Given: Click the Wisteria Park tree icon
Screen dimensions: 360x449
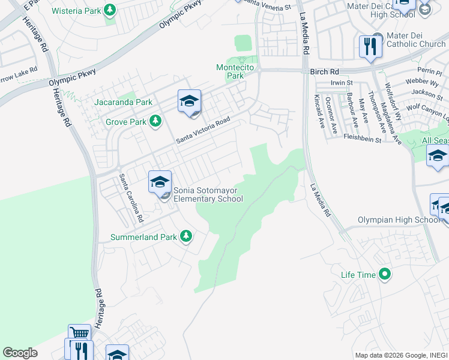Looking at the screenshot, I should (110, 10).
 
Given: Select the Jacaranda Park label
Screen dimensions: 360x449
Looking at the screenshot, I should (123, 102).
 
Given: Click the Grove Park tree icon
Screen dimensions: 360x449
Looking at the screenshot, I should (155, 122).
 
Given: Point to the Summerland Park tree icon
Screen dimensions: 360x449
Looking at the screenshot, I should (186, 236).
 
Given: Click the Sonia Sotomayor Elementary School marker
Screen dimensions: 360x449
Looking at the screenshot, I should (160, 182).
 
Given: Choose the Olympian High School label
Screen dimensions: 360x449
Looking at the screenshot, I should (399, 220).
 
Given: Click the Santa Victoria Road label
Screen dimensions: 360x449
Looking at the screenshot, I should (203, 130).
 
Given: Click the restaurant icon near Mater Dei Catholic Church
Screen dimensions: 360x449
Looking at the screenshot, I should (369, 46).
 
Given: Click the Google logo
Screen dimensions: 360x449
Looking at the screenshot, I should (20, 353).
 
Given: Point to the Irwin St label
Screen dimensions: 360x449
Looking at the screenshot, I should (343, 83).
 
